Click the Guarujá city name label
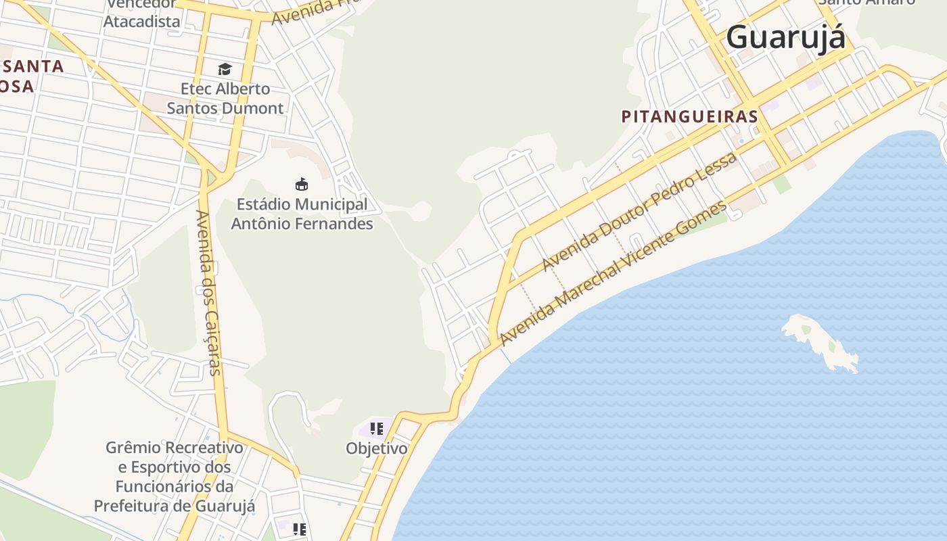click(x=785, y=37)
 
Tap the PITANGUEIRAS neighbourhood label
click(x=689, y=116)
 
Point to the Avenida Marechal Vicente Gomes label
click(x=613, y=273)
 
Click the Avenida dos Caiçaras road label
click(x=208, y=292)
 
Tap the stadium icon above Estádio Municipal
click(x=302, y=184)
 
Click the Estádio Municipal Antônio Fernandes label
click(x=302, y=214)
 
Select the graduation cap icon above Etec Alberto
click(x=225, y=69)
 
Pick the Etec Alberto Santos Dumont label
click(x=225, y=98)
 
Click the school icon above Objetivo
click(x=377, y=429)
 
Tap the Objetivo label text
click(x=377, y=448)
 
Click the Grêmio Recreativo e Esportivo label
click(x=174, y=476)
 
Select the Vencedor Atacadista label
click(x=142, y=12)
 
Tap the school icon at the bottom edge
click(x=300, y=530)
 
